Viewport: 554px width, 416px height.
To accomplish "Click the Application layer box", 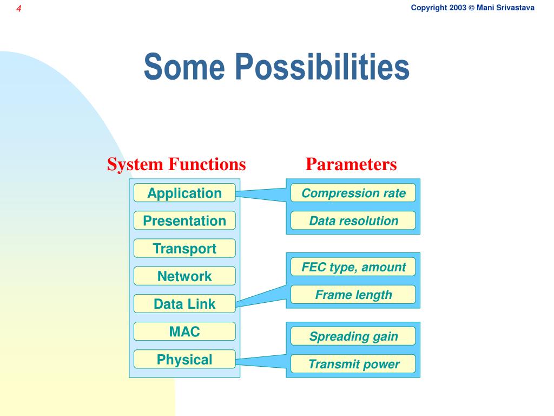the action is tap(184, 193).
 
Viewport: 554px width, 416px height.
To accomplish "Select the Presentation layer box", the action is tap(184, 220).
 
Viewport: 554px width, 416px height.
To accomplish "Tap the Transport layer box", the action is tap(184, 248).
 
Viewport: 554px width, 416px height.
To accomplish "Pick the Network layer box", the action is tap(184, 276).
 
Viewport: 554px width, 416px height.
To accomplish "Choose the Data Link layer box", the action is tap(184, 303).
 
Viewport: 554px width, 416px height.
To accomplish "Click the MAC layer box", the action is tap(184, 331).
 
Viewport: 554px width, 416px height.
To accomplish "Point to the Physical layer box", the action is tap(184, 359).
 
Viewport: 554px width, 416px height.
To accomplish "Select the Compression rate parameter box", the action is tap(353, 193).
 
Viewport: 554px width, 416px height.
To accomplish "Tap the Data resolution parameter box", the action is tap(353, 220).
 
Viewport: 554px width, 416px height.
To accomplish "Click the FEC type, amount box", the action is tap(353, 266).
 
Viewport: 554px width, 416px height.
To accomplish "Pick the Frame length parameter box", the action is tap(353, 294).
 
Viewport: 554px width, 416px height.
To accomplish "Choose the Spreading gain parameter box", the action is tap(353, 336).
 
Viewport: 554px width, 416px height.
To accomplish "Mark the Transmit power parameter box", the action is tap(353, 363).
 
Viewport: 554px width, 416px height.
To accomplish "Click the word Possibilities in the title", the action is tap(322, 67).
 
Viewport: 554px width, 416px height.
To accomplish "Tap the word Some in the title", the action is tap(184, 67).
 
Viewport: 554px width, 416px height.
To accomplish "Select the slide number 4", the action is tap(19, 9).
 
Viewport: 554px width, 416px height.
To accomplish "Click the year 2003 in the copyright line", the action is tap(458, 8).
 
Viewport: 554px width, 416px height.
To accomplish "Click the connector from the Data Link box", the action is tap(261, 296).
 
